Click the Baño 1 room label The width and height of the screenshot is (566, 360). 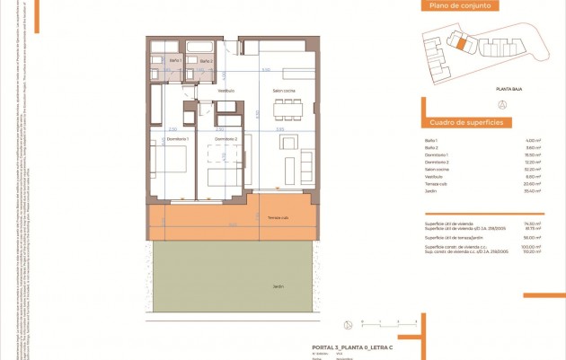coord(175,61)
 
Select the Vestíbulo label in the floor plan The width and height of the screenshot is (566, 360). coord(225,91)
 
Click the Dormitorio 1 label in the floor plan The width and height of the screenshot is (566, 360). coord(176,139)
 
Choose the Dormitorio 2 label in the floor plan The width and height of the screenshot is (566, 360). coord(225,139)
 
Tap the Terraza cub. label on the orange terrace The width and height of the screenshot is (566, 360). coord(278,218)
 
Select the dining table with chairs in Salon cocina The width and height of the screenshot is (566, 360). coord(287,109)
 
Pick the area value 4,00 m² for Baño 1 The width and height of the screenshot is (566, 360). coord(534,141)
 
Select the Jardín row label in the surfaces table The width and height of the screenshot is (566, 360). coord(430,191)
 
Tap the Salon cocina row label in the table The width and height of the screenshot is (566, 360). coord(437,170)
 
